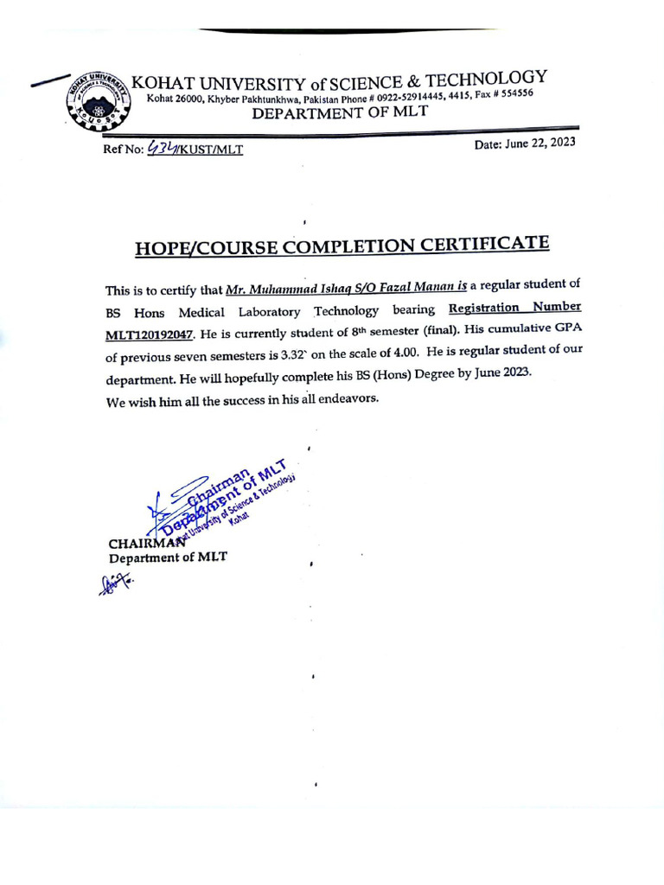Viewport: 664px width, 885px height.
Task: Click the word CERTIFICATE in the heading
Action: click(x=484, y=244)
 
